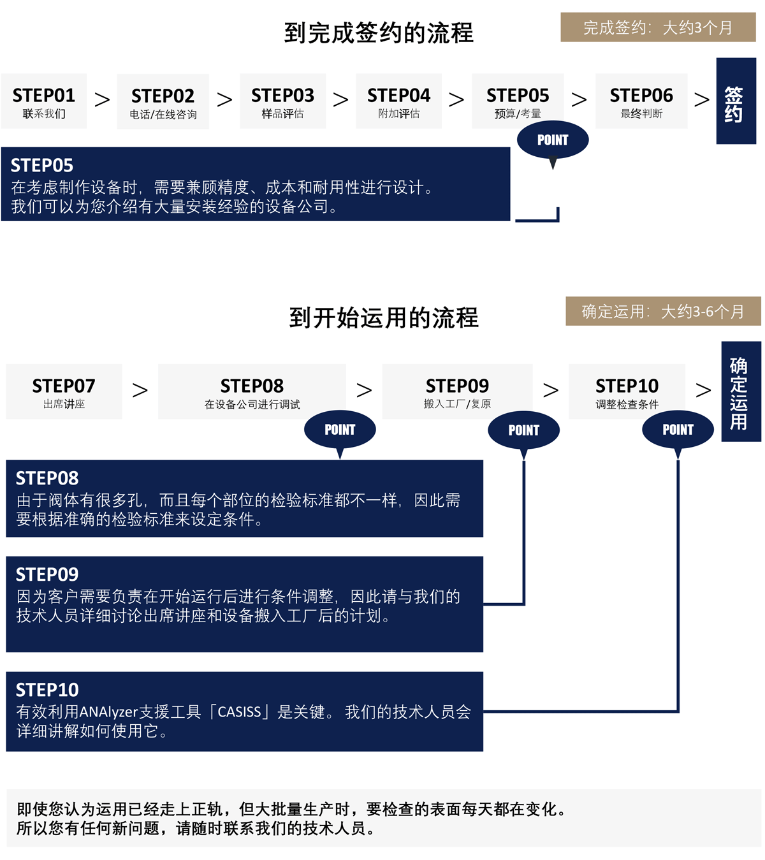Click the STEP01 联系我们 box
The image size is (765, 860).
(x=44, y=101)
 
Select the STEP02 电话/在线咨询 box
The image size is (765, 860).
(x=163, y=102)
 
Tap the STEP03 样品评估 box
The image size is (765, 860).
(x=283, y=101)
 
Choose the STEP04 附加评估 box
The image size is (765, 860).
(x=399, y=101)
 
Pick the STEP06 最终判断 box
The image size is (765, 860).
(x=641, y=101)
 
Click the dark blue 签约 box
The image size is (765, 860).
(x=736, y=101)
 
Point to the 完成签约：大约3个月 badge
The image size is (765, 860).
(x=658, y=27)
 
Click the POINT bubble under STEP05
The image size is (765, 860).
(x=553, y=140)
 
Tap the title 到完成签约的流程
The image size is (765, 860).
(x=379, y=33)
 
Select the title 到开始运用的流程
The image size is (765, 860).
(x=384, y=317)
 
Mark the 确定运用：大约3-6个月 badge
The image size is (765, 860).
(x=663, y=311)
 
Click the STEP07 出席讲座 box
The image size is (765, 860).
(x=64, y=391)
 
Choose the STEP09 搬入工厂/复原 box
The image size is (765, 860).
(x=457, y=391)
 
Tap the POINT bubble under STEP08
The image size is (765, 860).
(x=340, y=430)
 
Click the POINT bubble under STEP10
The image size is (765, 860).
(x=678, y=430)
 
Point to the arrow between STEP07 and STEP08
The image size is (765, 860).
(x=140, y=390)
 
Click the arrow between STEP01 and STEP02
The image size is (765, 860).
(x=102, y=99)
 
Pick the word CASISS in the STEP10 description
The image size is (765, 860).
(x=240, y=712)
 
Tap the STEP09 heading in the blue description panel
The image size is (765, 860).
(x=47, y=574)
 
